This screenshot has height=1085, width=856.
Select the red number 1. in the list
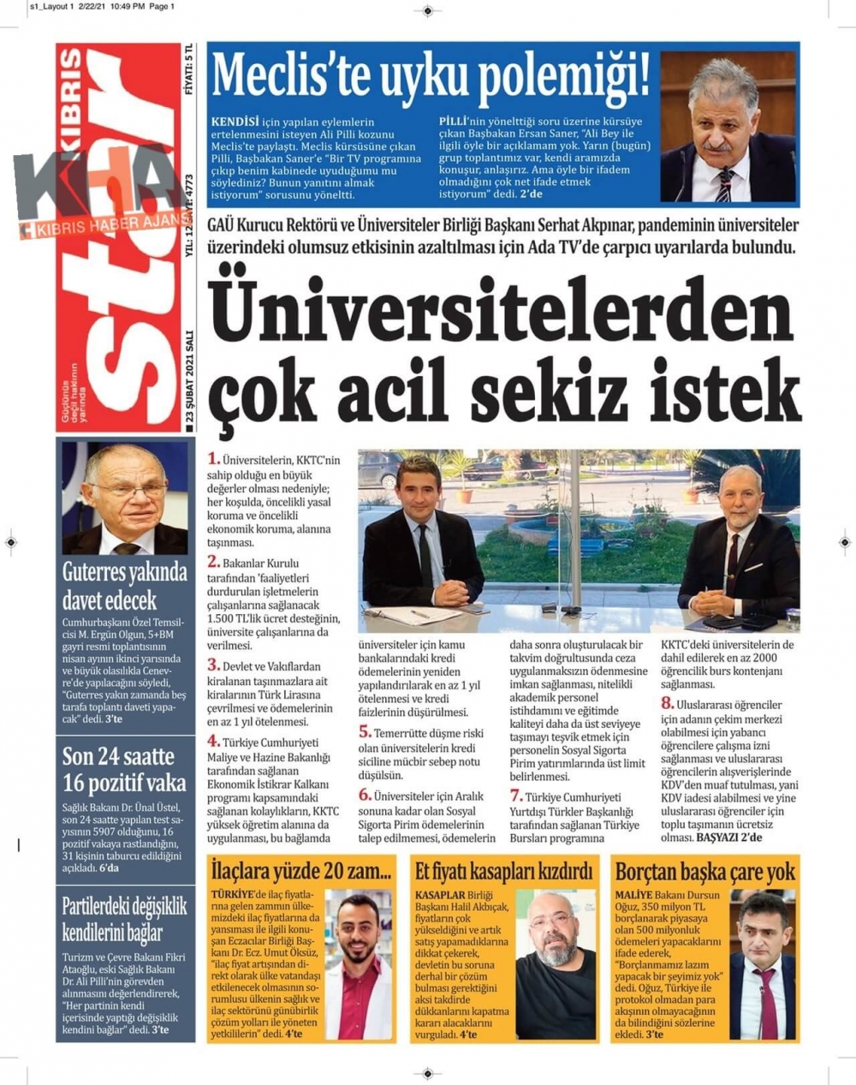point(213,459)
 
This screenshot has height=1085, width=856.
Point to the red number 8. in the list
point(667,703)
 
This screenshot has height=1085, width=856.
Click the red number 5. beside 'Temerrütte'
point(365,732)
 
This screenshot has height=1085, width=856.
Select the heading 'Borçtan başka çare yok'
point(704,873)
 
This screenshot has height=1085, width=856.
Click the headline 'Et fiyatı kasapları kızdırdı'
point(503,873)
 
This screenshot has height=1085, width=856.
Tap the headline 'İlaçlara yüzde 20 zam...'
point(300,873)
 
